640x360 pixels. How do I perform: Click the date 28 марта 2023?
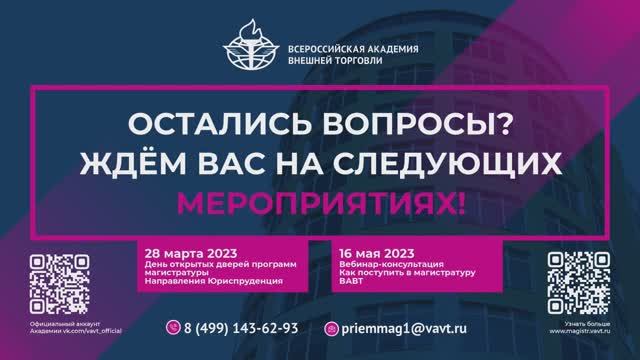[x=182, y=251]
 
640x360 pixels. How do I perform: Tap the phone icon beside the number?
[x=172, y=327]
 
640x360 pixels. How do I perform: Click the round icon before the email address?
[x=333, y=327]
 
